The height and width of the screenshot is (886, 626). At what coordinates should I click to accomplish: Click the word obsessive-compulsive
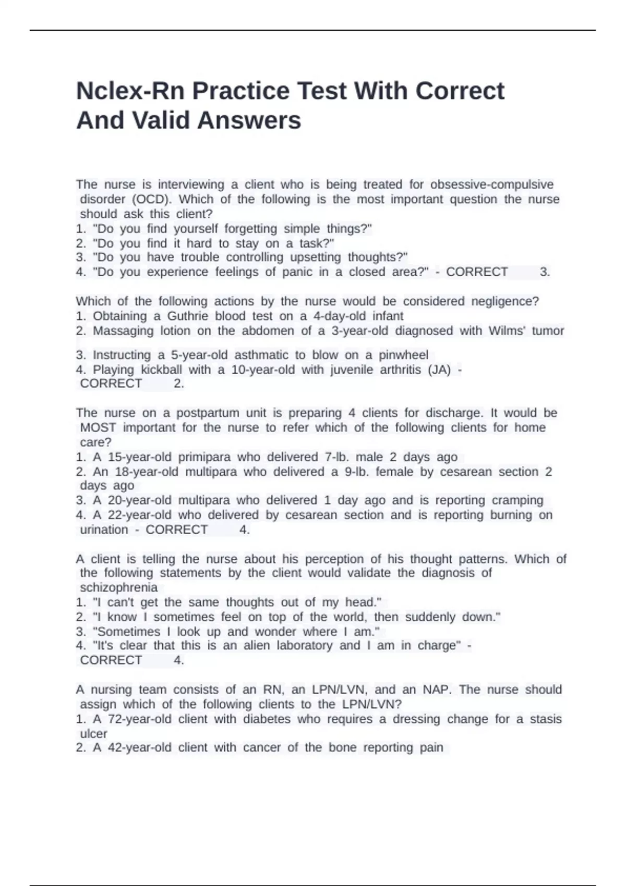pyautogui.click(x=492, y=184)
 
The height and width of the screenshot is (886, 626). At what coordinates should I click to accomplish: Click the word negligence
pyautogui.click(x=504, y=301)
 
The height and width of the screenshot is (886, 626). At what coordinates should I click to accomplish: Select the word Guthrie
pyautogui.click(x=187, y=316)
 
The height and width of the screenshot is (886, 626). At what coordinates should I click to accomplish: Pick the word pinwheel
pyautogui.click(x=403, y=355)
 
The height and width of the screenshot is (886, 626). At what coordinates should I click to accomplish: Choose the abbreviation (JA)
pyautogui.click(x=439, y=370)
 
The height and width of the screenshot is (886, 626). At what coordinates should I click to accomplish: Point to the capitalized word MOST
pyautogui.click(x=98, y=427)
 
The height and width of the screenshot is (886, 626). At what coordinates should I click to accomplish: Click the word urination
pyautogui.click(x=104, y=530)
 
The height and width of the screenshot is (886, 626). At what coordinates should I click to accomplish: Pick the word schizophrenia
pyautogui.click(x=118, y=587)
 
